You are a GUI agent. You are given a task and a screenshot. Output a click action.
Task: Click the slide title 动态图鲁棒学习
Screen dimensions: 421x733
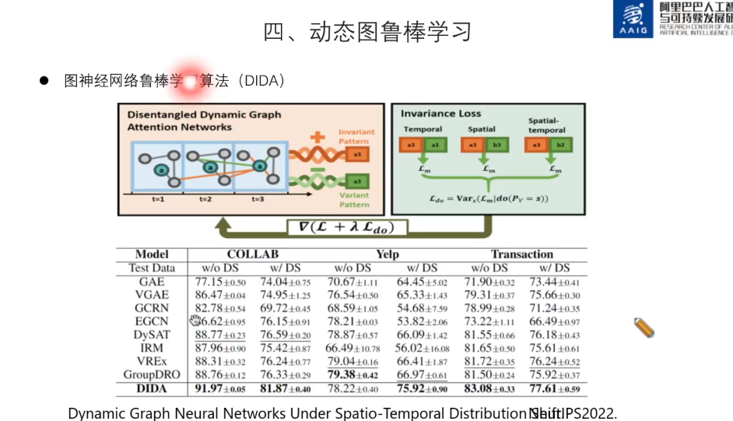tap(367, 32)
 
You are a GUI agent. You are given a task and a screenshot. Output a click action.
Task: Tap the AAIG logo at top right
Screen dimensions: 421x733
tap(633, 19)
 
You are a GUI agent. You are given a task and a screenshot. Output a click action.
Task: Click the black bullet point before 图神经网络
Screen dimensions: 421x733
tap(45, 80)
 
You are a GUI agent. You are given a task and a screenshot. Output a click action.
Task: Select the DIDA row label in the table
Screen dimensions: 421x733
tap(152, 389)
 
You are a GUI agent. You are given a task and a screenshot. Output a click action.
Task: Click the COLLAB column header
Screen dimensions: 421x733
tap(253, 254)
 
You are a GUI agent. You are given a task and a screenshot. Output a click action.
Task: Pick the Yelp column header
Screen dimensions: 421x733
tap(387, 254)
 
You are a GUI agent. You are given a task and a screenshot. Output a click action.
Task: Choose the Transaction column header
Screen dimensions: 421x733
tap(521, 254)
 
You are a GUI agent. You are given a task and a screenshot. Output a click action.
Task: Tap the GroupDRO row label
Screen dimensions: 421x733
tap(152, 375)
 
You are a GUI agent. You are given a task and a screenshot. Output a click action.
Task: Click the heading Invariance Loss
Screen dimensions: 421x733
tap(440, 114)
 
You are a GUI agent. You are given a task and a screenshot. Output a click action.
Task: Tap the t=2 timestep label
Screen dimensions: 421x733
tap(205, 199)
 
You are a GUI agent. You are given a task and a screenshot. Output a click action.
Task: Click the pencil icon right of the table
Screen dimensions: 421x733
tap(644, 328)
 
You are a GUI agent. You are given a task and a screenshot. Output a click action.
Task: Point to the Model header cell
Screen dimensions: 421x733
tap(152, 254)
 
